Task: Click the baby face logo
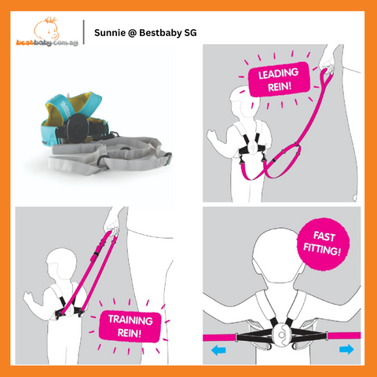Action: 46,29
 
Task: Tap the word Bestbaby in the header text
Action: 160,33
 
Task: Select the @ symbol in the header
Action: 133,33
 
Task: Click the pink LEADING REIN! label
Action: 279,79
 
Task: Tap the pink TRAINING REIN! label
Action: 130,327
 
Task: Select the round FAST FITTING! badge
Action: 323,243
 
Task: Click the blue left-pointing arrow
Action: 218,350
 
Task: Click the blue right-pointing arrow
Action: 346,350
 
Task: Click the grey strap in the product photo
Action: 110,156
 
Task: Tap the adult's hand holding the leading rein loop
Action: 328,61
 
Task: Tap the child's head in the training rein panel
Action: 61,265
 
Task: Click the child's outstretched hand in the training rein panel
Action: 28,298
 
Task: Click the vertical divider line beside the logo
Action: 84,31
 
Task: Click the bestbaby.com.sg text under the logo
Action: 47,42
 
